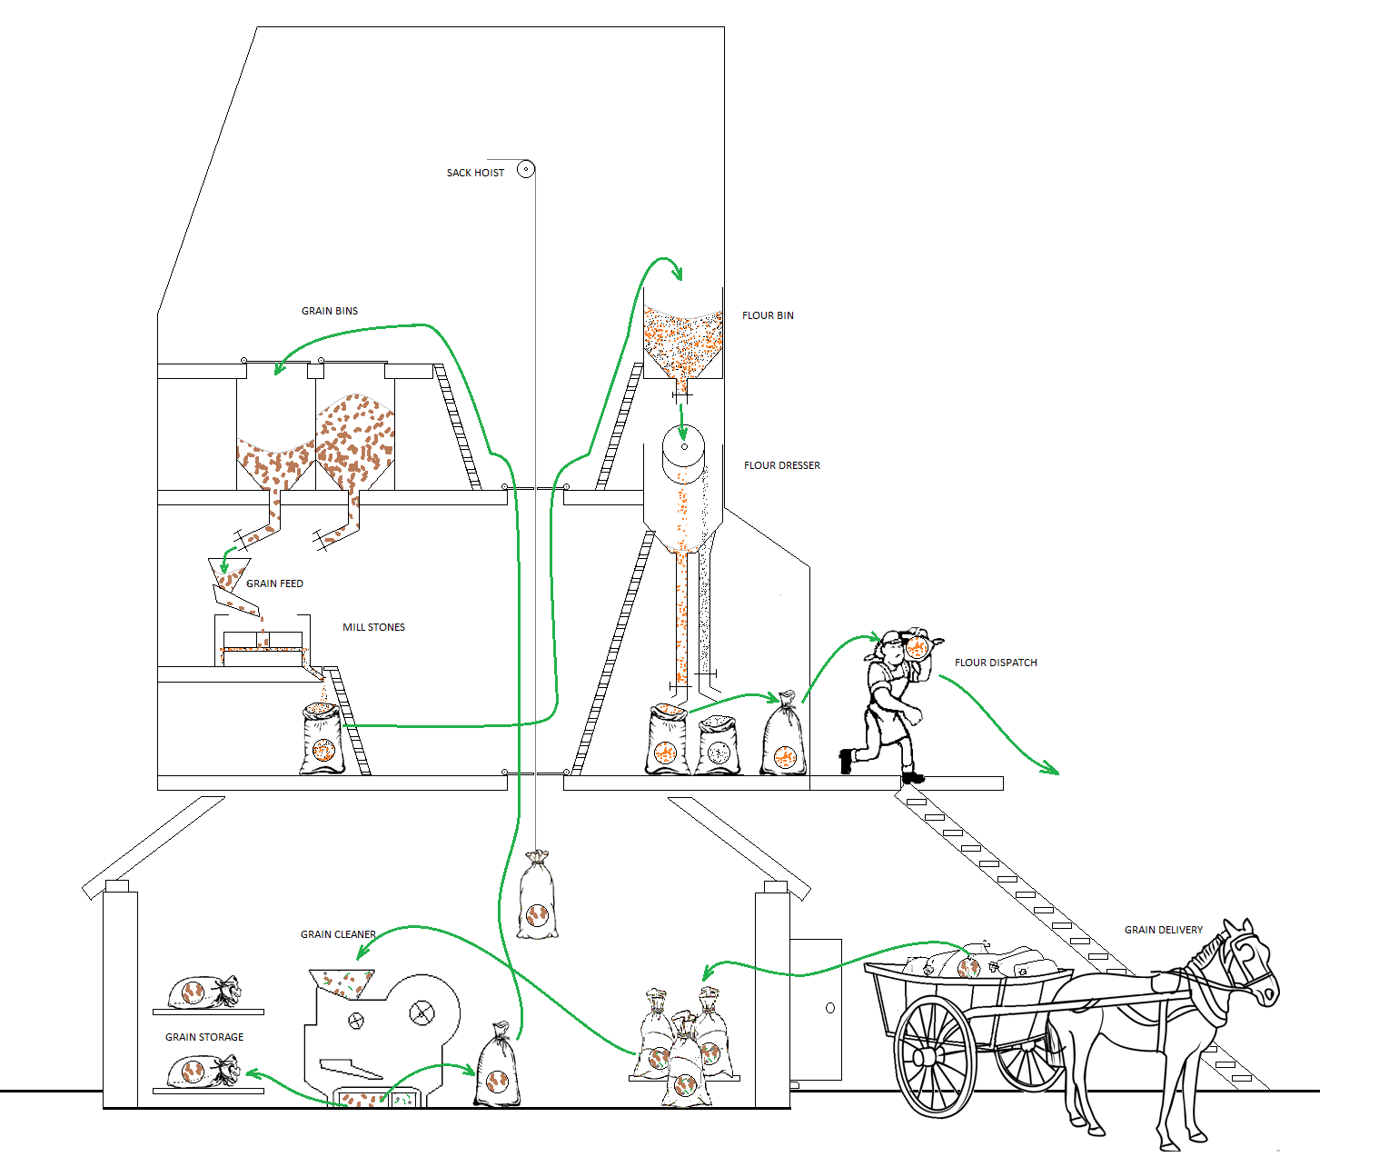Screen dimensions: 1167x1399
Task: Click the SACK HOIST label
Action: point(475,173)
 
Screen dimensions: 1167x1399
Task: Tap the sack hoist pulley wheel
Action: point(525,169)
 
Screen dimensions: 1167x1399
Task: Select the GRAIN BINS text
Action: point(330,311)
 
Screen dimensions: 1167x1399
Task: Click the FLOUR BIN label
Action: point(768,315)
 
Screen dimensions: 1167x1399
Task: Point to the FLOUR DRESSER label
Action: point(781,465)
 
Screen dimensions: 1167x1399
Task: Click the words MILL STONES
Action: point(373,627)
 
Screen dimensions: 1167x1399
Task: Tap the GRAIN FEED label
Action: point(274,583)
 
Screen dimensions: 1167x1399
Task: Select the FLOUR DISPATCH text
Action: point(996,663)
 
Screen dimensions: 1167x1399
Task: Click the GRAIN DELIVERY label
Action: point(1163,930)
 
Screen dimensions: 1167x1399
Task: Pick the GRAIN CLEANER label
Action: point(338,934)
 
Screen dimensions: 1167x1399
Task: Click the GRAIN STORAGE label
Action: point(204,1037)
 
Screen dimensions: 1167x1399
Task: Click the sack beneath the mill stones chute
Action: point(322,740)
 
